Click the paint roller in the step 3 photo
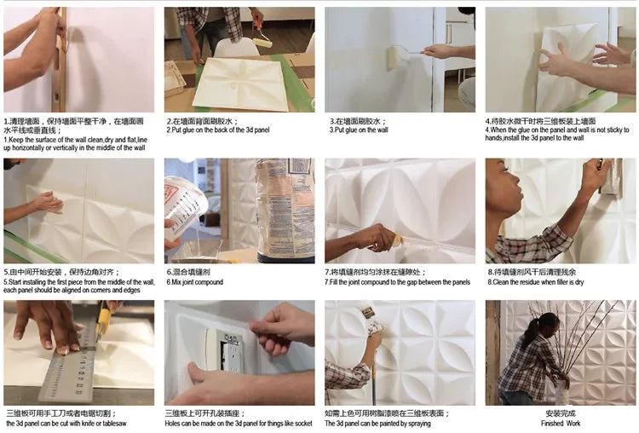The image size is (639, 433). [x=392, y=58]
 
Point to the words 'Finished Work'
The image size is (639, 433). [x=560, y=423]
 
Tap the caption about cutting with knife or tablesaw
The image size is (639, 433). [x=66, y=423]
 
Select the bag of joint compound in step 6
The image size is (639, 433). [x=285, y=208]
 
